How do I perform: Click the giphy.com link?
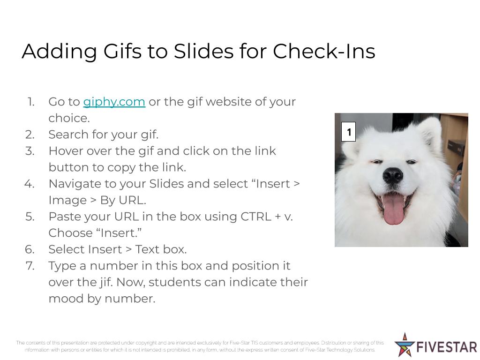click(114, 102)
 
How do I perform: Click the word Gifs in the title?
click(122, 51)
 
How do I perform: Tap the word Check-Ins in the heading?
click(324, 51)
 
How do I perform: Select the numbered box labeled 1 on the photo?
click(348, 132)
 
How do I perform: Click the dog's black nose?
click(392, 175)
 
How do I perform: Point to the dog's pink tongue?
click(393, 210)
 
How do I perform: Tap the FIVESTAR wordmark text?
click(447, 347)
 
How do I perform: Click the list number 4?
click(30, 184)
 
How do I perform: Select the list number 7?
click(30, 266)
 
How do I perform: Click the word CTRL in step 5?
click(256, 217)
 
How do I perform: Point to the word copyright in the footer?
click(146, 343)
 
